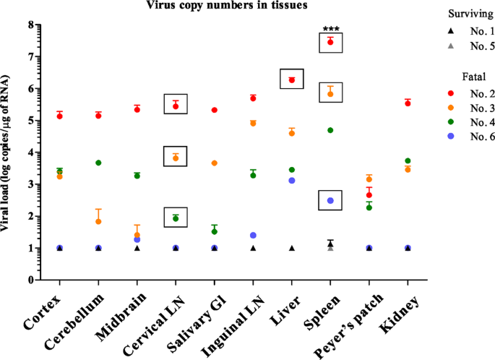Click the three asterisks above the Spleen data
(330, 30)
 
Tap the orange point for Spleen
(330, 94)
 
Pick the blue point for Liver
(292, 181)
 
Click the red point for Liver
(292, 80)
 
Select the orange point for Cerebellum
(98, 221)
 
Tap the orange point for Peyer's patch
(369, 179)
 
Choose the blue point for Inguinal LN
(253, 236)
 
